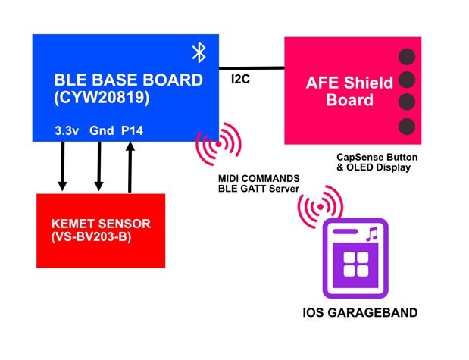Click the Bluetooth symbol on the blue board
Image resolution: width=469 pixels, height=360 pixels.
(199, 52)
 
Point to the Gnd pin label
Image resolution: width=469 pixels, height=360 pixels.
(101, 130)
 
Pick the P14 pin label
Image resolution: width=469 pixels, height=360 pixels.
(133, 130)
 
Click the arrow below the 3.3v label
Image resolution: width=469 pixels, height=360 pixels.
(63, 165)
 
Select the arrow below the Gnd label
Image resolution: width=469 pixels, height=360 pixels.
(99, 165)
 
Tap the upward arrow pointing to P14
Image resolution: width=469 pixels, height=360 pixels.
(130, 165)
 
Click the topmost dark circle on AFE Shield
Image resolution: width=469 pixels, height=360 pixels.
(407, 56)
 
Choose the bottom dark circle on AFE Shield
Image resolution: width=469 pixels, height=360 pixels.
(407, 125)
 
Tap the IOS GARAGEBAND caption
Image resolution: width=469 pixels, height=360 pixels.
(355, 313)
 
